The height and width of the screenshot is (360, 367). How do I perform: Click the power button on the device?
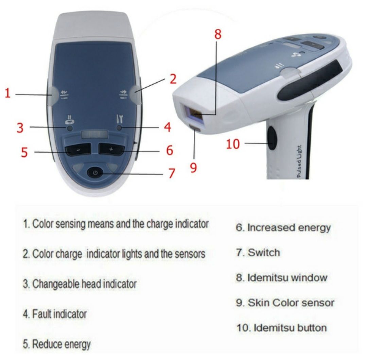click(95, 173)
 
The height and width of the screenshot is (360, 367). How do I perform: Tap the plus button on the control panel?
click(111, 149)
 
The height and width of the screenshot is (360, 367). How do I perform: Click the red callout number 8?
click(218, 34)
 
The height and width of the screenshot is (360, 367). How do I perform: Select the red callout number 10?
click(233, 144)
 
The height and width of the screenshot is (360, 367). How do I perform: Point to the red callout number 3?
click(20, 128)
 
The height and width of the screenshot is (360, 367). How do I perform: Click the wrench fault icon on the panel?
click(119, 119)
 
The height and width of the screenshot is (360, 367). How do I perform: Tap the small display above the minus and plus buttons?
click(94, 135)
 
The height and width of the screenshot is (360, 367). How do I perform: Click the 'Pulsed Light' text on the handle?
click(299, 162)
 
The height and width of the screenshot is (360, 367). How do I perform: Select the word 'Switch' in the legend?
click(264, 253)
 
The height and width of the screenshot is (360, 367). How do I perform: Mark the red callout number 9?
click(193, 168)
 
